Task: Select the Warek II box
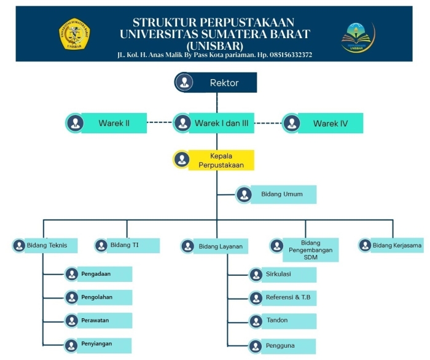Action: [x=114, y=123]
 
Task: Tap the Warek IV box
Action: [x=330, y=123]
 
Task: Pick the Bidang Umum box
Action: [x=278, y=194]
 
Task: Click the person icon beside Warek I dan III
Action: [x=182, y=123]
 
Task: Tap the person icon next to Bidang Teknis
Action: [x=18, y=246]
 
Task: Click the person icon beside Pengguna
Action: [x=256, y=345]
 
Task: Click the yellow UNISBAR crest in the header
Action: [x=74, y=34]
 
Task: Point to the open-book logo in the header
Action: [x=357, y=36]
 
